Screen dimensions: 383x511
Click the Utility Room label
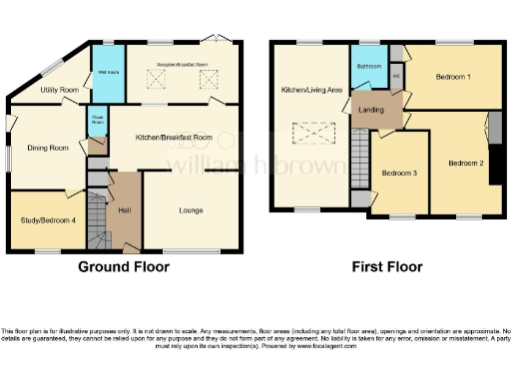point(60,90)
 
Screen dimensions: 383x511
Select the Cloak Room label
point(97,119)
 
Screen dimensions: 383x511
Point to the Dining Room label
point(48,148)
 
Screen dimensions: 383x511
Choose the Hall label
point(125,210)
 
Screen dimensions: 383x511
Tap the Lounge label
point(192,210)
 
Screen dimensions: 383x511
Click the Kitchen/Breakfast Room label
point(175,137)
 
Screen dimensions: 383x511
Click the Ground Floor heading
point(124,267)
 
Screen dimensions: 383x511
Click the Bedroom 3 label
point(398,173)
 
